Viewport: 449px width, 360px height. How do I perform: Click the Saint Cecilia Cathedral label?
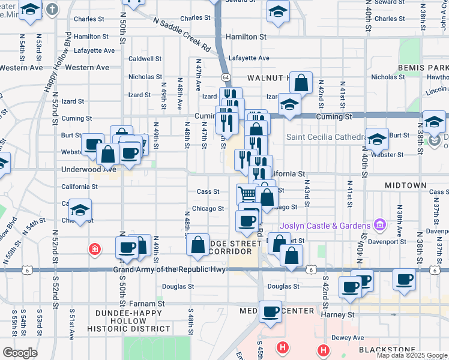pos(325,137)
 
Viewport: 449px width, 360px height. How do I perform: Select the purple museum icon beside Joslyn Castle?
pos(379,225)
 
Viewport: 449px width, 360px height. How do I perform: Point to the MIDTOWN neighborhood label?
pos(405,186)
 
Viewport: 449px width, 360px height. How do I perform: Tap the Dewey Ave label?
pos(348,338)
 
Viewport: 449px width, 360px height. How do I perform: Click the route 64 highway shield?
pos(225,77)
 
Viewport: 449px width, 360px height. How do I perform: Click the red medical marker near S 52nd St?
pos(94,249)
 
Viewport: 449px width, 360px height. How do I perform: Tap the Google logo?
pos(20,353)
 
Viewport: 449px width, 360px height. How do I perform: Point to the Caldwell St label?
pos(145,59)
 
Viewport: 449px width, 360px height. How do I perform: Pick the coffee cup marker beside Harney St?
pos(271,312)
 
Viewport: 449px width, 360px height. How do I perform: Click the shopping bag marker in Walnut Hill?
pos(303,83)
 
